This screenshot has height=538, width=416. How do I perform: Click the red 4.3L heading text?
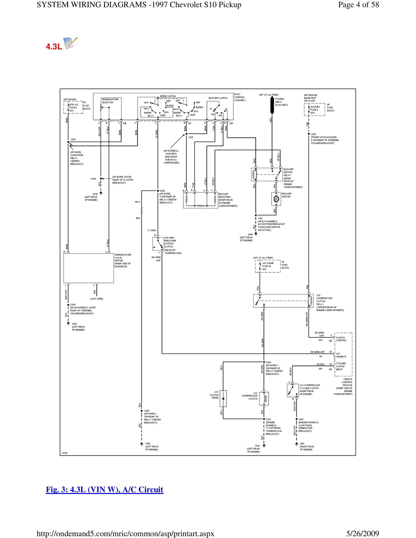point(54,47)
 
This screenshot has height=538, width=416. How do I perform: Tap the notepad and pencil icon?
point(70,43)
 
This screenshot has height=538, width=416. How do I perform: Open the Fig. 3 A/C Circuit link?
point(104,489)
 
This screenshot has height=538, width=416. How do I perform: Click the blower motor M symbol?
point(276,199)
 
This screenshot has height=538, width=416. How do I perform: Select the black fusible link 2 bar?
point(272,105)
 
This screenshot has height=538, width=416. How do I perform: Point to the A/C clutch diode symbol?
point(223,398)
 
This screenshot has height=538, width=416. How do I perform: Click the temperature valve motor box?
point(88,268)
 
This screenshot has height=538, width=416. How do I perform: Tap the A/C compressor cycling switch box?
point(293,390)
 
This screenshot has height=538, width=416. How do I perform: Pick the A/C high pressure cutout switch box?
point(158,244)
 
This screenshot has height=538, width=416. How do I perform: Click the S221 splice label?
point(73,139)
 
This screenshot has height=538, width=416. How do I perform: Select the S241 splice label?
point(313,134)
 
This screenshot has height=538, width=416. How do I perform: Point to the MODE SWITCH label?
point(168,96)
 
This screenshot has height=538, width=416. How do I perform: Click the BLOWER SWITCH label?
point(218,98)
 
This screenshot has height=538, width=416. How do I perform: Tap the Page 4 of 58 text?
point(358,5)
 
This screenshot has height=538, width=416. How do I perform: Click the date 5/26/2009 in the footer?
point(362,533)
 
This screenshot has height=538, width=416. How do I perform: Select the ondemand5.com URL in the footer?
point(125,534)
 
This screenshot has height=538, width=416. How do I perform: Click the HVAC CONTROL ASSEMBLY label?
point(240,97)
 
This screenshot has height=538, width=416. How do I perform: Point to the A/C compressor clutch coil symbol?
point(265,399)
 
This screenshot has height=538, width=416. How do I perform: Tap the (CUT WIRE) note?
point(97,299)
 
